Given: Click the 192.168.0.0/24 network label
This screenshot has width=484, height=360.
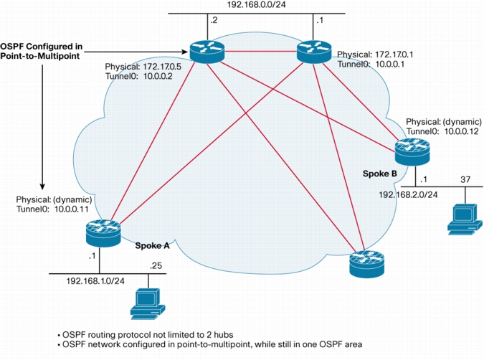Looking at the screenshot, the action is coord(256,4).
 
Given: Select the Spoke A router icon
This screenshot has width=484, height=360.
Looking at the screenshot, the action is coord(103,233).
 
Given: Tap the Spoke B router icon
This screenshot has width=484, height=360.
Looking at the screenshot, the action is coord(412,151).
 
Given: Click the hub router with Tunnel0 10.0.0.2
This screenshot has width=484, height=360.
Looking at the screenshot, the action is coord(207,52).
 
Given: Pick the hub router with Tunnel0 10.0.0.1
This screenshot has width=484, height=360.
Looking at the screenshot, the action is coord(313,52).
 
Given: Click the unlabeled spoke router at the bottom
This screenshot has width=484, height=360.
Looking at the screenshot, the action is coord(366,264).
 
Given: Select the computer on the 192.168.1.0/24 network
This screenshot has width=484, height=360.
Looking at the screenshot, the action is coord(148,304).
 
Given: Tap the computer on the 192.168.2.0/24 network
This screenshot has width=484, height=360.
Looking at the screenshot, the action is coord(465,219).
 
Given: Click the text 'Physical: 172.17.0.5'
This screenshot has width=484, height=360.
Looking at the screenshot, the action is coord(143,67).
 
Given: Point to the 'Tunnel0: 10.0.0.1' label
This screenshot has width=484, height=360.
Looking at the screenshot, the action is coord(371,65).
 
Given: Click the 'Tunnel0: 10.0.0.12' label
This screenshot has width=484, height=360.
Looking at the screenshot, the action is coord(442,131).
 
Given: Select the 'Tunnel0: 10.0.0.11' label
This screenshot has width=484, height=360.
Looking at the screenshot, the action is coord(52,209).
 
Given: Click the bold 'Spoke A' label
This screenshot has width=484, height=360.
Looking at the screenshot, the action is coord(152,246).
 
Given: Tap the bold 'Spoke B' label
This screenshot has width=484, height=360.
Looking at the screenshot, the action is coord(379,174).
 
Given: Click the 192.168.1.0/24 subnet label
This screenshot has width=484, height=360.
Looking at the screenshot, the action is coord(95,281).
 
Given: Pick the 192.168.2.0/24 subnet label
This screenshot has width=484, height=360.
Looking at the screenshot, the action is coord(408,195).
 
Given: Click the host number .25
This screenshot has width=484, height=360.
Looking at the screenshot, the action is coord(156,266).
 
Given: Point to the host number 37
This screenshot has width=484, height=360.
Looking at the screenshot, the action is coord(465,179).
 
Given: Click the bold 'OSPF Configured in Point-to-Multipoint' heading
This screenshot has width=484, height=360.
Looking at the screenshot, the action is coord(42,51).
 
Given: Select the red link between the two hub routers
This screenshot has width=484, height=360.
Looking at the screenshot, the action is coord(260,52).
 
